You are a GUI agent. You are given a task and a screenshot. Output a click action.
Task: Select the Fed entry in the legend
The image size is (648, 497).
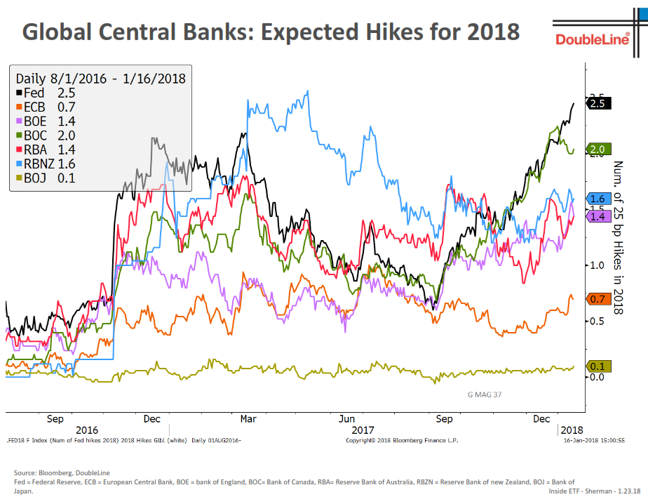coord(45,93)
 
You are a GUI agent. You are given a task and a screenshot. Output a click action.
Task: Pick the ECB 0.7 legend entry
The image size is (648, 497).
coord(45,107)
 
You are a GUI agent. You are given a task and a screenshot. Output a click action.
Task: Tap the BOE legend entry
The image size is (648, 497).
coord(45,121)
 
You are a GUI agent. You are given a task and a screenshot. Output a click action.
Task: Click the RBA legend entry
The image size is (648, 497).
coord(45,150)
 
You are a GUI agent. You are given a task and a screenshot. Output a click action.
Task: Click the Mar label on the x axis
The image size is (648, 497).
coord(248,419)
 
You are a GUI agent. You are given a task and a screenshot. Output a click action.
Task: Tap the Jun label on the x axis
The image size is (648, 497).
coord(346,419)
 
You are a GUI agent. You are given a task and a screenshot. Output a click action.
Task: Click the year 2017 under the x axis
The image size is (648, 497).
coord(363,430)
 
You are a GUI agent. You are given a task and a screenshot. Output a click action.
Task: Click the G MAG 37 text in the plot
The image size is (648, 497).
coord(485,395)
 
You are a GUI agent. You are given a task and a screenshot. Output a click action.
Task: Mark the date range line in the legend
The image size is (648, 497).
coord(100,78)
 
